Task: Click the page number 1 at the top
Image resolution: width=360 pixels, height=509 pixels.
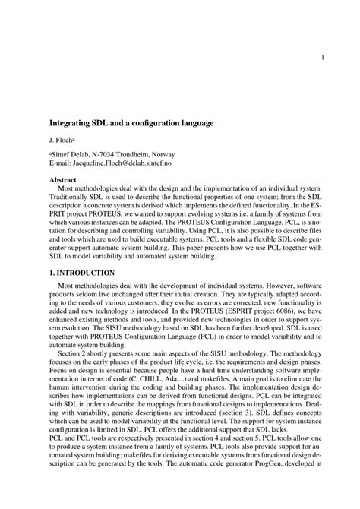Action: [323, 56]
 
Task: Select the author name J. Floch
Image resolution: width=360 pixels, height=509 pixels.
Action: [62, 140]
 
